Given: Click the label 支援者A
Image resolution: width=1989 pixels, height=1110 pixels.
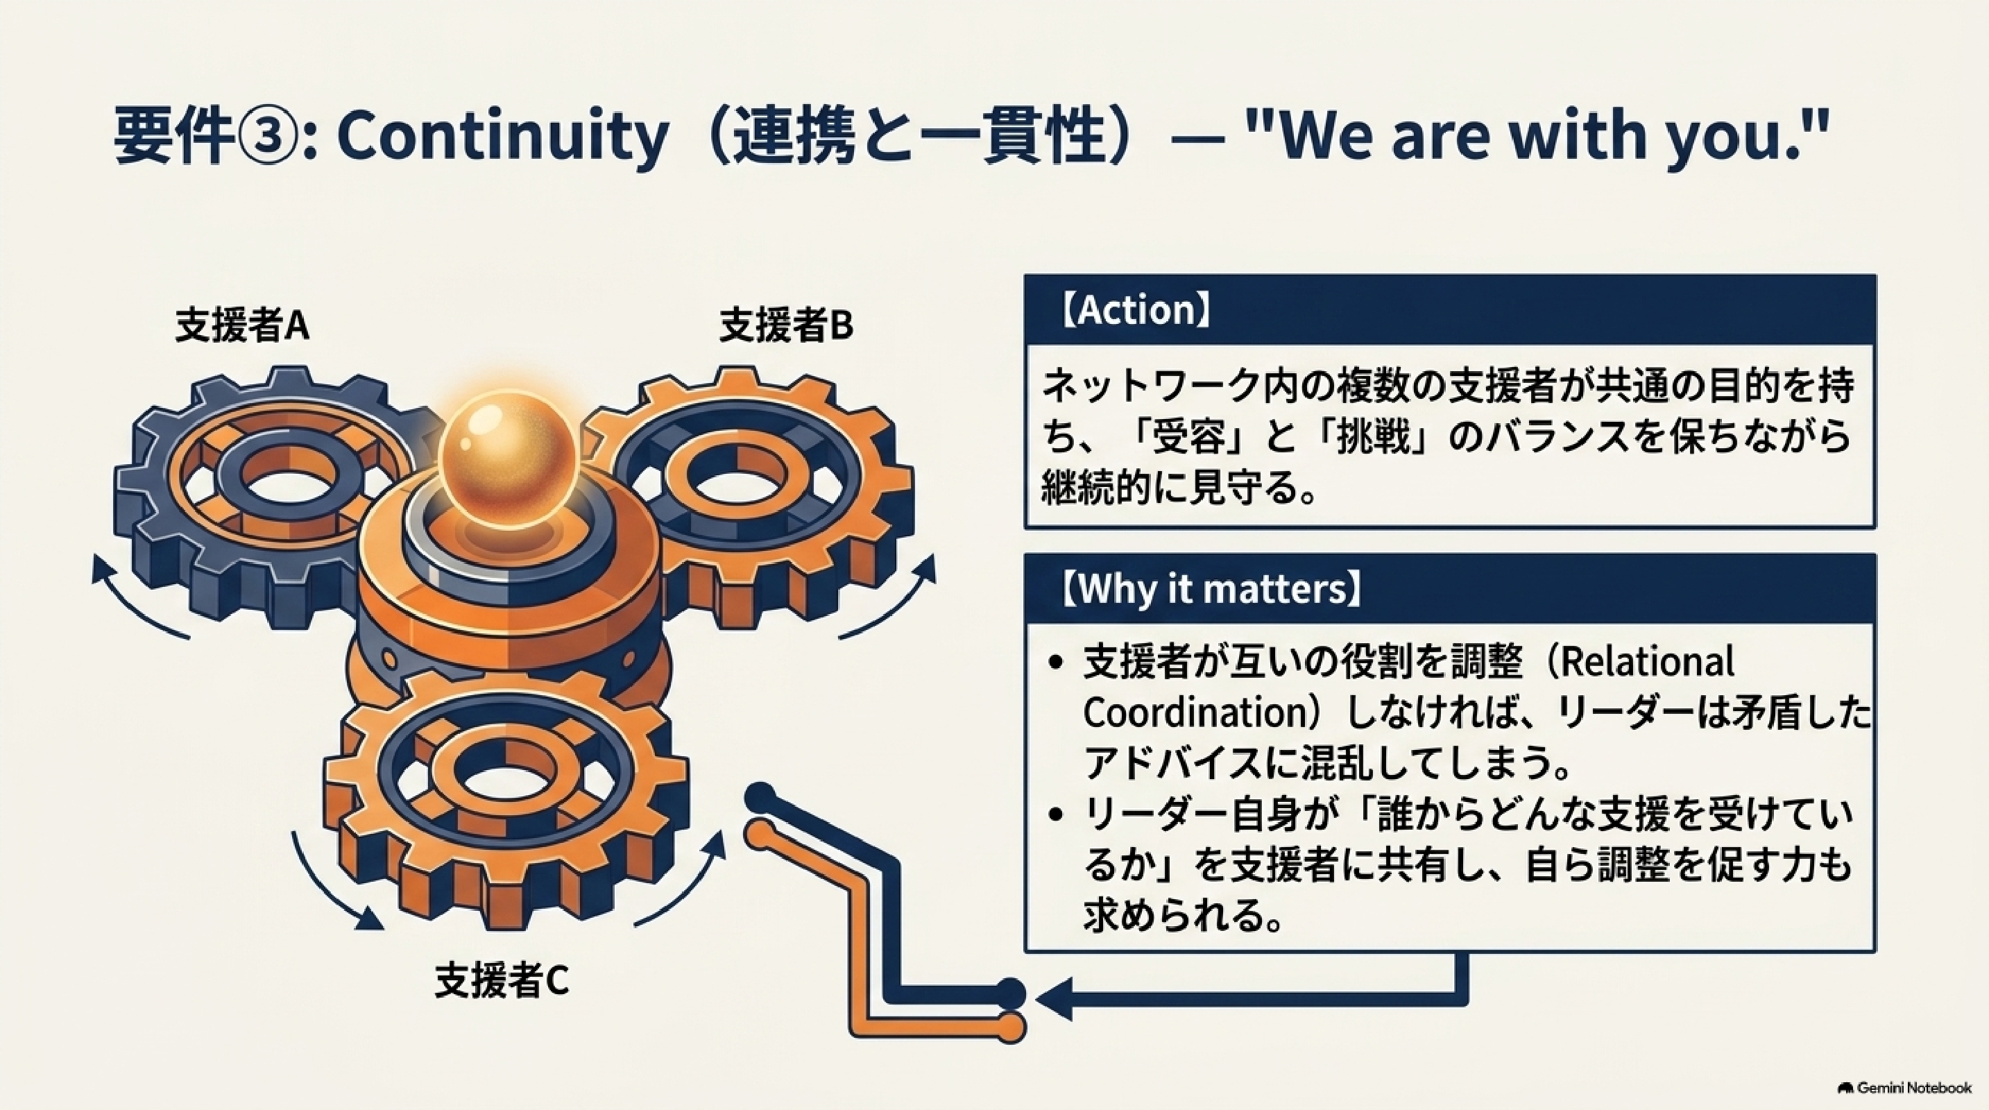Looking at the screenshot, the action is pyautogui.click(x=242, y=325).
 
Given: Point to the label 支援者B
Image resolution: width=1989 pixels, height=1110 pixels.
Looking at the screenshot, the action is pyautogui.click(x=786, y=325).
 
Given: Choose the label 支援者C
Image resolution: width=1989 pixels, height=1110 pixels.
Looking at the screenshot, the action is pyautogui.click(x=502, y=980).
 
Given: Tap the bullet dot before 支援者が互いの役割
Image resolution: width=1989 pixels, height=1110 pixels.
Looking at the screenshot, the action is pyautogui.click(x=1057, y=663).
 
